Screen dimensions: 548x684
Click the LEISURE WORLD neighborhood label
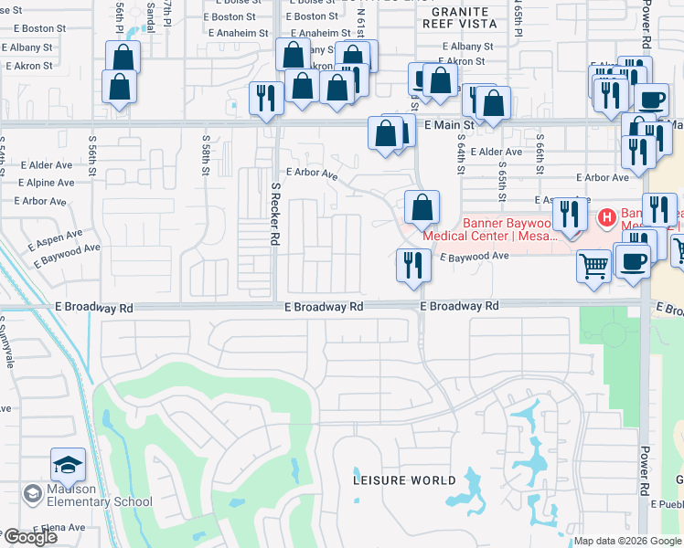pos(405,480)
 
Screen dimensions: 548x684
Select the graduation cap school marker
pos(68,467)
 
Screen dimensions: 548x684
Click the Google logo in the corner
pos(30,537)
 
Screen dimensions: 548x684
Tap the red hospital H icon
pos(604,217)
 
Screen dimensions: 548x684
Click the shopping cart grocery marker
pos(593,267)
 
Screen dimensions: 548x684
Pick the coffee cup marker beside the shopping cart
pos(633,261)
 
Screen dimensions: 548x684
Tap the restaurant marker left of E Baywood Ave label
pos(413,265)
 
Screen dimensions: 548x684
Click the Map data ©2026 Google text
pos(627,541)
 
